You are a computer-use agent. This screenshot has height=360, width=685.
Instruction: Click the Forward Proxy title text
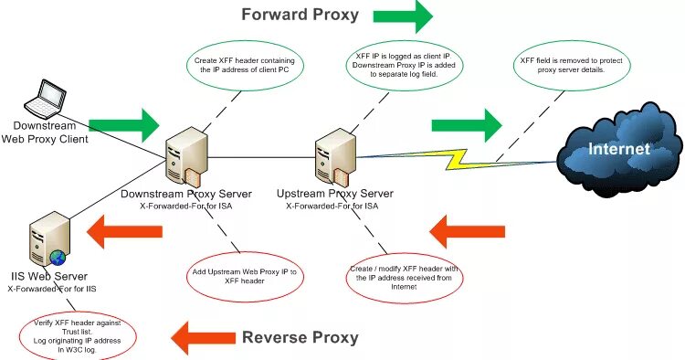pyautogui.click(x=300, y=15)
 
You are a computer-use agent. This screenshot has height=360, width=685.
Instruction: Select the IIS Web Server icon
pyautogui.click(x=47, y=238)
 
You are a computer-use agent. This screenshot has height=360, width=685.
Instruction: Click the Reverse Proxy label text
pyautogui.click(x=300, y=337)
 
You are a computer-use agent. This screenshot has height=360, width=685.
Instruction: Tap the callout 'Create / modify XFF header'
pyautogui.click(x=403, y=276)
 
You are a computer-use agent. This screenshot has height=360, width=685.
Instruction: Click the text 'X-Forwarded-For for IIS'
pyautogui.click(x=52, y=289)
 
